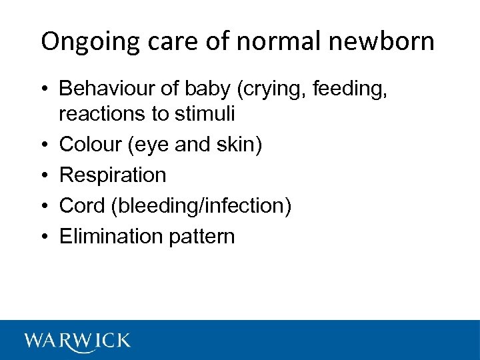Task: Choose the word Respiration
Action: (113, 175)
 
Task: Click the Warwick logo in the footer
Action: (77, 341)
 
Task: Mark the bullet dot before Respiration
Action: (45, 175)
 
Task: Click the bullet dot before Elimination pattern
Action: (45, 237)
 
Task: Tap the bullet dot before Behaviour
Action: (45, 89)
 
